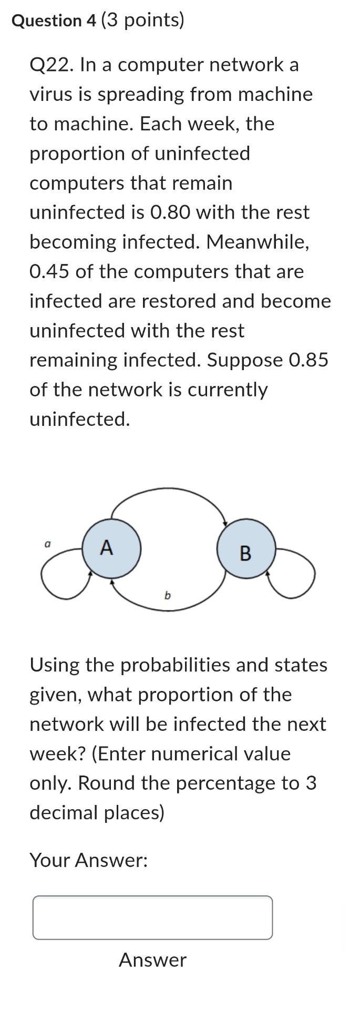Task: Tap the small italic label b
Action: [x=167, y=595]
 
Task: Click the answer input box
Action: [x=152, y=918]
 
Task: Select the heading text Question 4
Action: [x=54, y=21]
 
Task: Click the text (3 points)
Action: [x=142, y=21]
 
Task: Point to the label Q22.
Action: [x=52, y=65]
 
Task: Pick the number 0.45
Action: [x=49, y=272]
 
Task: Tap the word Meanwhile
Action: [x=257, y=242]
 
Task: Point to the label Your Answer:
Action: [x=88, y=860]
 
